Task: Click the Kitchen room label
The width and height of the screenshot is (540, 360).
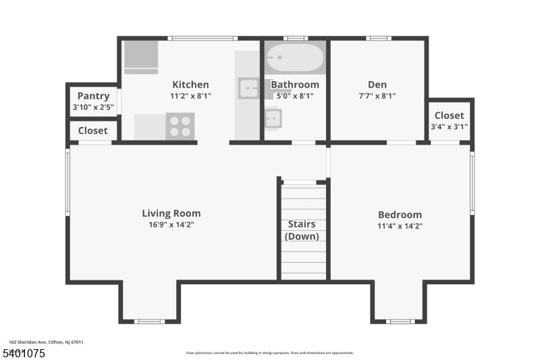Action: click(190, 84)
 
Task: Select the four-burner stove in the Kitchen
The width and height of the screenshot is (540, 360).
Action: click(180, 126)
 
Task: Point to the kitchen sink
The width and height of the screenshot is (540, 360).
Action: click(248, 88)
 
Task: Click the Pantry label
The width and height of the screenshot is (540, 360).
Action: click(93, 96)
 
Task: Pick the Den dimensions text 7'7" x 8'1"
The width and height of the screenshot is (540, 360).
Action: click(377, 96)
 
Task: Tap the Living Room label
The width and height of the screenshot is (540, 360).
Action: click(171, 213)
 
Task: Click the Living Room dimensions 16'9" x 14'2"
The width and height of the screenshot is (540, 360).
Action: click(171, 224)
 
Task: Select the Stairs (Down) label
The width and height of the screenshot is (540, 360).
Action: click(302, 230)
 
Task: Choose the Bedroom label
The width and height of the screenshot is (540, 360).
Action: click(400, 215)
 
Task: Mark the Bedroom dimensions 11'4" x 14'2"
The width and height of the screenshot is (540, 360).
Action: click(400, 226)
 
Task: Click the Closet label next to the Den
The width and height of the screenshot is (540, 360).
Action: click(449, 115)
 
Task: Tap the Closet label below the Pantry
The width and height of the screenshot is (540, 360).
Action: click(93, 130)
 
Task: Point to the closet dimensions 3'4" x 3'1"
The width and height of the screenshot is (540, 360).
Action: click(449, 126)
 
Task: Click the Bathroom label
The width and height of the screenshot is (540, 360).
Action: click(295, 84)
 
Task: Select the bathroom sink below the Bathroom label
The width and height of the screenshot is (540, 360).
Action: click(273, 120)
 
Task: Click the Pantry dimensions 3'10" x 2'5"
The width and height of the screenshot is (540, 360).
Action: click(93, 107)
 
